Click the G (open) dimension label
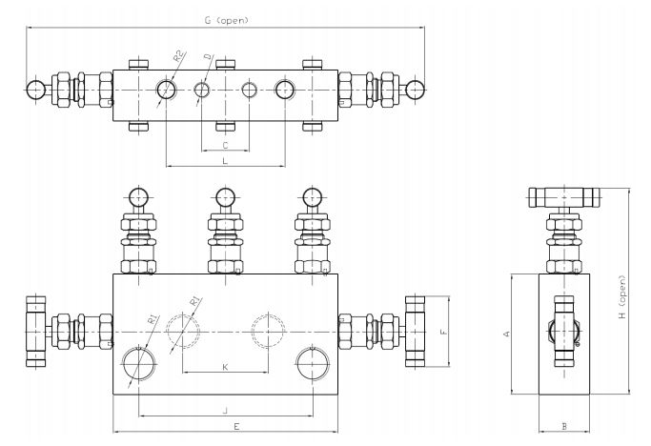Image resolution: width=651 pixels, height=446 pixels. pos(226,20)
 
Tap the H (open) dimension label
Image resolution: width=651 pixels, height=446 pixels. pos(621,297)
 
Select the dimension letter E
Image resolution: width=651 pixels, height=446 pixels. pos(236,427)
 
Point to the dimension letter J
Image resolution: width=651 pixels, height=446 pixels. pos(226,411)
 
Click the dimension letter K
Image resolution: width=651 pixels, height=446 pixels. pos(225,367)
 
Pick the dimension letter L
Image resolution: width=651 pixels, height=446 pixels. pos(225,161)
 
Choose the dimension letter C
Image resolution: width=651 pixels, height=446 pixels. pos(226,146)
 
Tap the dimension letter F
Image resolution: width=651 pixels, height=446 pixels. pos(444,332)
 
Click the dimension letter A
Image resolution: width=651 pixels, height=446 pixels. pos(506,334)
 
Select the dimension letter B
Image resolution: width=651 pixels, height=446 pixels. pos(564,426)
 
